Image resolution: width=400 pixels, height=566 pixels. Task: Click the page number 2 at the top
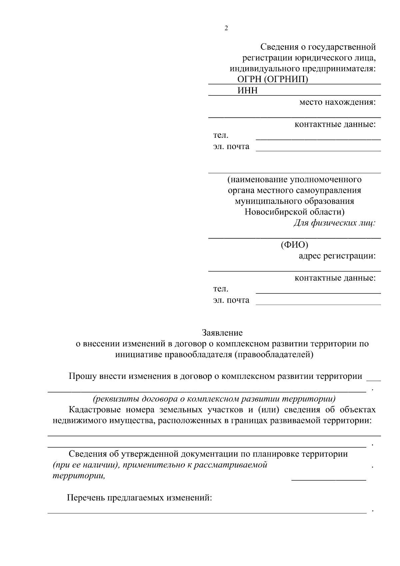[x=226, y=28]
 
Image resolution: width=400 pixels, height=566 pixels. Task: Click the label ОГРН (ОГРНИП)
[x=272, y=79]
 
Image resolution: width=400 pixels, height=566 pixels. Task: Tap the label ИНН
[x=247, y=91]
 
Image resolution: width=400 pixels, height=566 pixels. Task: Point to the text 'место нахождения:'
[x=337, y=102]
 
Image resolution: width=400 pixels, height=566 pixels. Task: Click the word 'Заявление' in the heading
[x=222, y=333]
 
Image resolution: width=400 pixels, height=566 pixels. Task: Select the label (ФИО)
[x=294, y=245]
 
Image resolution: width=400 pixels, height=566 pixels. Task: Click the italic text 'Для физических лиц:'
[x=334, y=223]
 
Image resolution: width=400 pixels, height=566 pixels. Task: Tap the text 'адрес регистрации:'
[x=337, y=256]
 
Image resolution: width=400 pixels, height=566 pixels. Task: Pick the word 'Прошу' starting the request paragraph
[x=81, y=377]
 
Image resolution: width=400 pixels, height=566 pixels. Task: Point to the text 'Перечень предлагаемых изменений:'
[x=140, y=498]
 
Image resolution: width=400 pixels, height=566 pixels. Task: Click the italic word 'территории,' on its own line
[x=79, y=476]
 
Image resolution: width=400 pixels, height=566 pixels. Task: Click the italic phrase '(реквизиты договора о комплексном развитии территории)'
[x=214, y=399]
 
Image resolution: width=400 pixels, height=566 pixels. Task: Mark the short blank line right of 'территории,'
[x=329, y=480]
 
